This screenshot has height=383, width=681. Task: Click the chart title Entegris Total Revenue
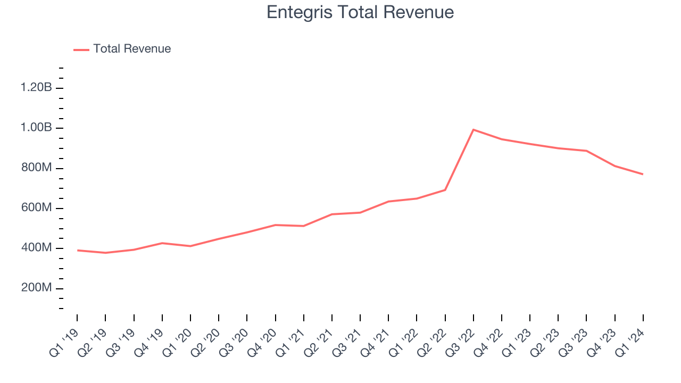(360, 12)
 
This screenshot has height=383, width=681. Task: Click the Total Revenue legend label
(132, 49)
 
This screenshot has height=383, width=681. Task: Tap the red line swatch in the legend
(81, 49)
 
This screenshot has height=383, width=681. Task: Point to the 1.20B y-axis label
(36, 88)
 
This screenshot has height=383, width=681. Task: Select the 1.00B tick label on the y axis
(36, 128)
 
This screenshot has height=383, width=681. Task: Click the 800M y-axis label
(36, 168)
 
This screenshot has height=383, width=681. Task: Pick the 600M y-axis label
(36, 208)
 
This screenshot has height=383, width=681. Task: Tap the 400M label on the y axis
(36, 248)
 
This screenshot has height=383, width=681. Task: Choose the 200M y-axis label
(36, 288)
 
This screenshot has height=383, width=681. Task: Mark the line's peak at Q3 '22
(473, 129)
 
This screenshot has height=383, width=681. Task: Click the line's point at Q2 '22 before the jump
(445, 190)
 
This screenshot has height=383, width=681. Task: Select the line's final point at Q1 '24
(643, 174)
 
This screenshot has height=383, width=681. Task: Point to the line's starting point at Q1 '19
(77, 250)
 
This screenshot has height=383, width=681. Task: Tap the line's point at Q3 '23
(586, 151)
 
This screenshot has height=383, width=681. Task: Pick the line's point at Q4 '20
(275, 225)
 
